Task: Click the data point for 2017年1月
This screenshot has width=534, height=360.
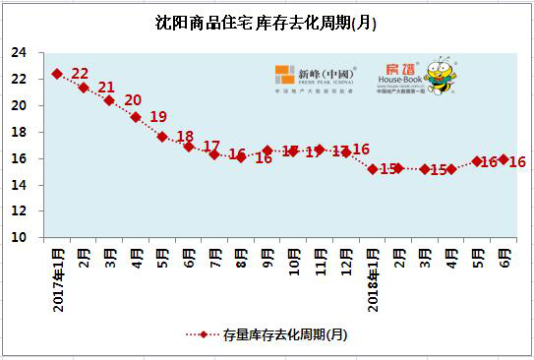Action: point(57,74)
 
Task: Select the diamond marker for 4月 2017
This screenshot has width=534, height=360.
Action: point(136,117)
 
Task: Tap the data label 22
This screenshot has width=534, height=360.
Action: point(81,74)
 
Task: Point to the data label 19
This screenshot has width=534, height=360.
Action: point(158,117)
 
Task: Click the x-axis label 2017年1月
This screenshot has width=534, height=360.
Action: point(59,278)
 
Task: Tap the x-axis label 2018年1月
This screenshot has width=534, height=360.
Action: point(374,278)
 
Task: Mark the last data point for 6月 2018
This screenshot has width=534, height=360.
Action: point(504,159)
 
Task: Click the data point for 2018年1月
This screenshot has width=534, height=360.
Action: point(373,169)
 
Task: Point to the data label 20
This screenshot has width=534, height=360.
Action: point(133,100)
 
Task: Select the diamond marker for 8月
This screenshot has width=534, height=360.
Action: point(241,157)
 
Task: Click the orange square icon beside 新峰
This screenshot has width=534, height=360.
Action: point(285,76)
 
